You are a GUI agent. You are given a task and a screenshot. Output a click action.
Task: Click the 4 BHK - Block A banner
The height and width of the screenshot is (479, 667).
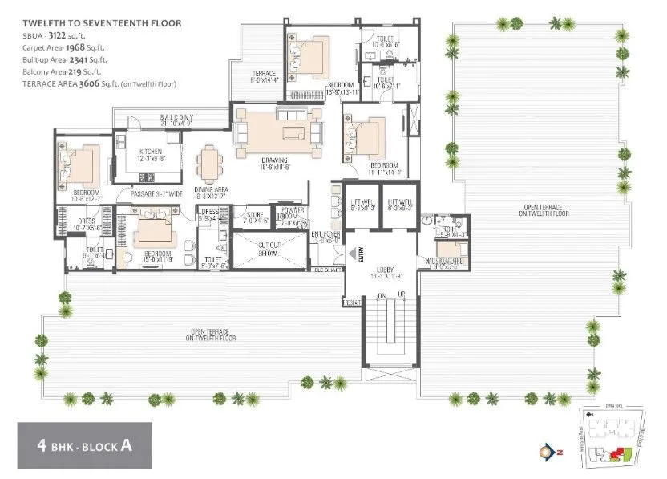(x=84, y=445)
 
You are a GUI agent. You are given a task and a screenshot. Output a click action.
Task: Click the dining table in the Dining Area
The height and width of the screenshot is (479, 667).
(x=209, y=165)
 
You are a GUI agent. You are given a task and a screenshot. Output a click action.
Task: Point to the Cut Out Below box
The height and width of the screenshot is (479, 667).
(x=268, y=249)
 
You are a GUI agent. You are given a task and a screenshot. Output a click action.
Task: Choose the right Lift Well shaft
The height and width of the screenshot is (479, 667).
(x=399, y=205)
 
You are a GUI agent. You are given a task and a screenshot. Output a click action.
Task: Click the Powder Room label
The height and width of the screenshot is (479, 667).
(x=288, y=216)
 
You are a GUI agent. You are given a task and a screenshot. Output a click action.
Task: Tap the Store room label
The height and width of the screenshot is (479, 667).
(x=255, y=216)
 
